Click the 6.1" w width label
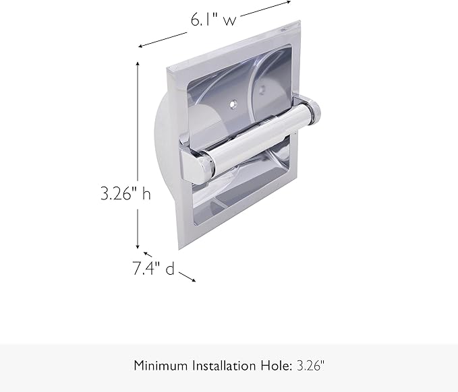(x=212, y=20)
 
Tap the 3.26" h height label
(x=125, y=194)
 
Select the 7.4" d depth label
(x=153, y=269)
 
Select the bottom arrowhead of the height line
(x=138, y=247)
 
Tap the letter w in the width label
(x=230, y=21)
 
